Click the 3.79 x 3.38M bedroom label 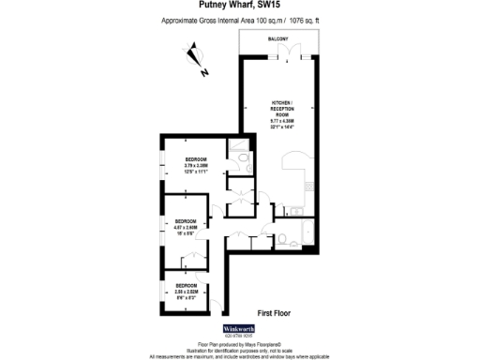pyautogui.click(x=195, y=165)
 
